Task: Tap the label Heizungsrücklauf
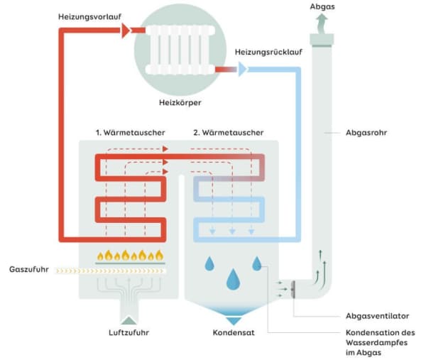click(x=262, y=53)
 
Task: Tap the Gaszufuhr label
click(x=27, y=270)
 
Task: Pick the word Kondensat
click(x=233, y=332)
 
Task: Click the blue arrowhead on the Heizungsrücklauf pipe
click(x=241, y=70)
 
